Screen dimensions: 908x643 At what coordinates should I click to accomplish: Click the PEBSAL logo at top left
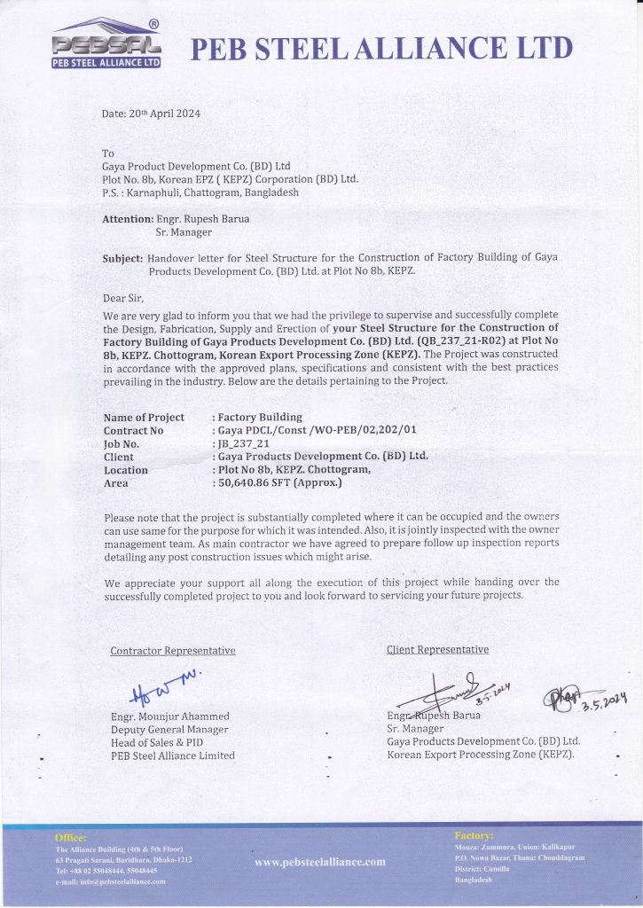pos(106,44)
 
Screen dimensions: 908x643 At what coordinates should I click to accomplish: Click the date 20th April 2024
pos(152,113)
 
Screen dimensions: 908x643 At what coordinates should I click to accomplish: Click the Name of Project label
pos(144,417)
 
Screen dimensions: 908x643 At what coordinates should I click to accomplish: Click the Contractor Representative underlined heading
pos(172,651)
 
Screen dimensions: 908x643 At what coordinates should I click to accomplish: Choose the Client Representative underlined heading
pos(437,649)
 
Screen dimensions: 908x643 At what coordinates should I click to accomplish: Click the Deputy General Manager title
pos(169,729)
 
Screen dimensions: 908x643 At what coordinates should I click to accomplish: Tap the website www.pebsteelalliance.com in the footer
pos(320,861)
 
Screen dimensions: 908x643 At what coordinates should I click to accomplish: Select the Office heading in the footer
pos(70,837)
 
